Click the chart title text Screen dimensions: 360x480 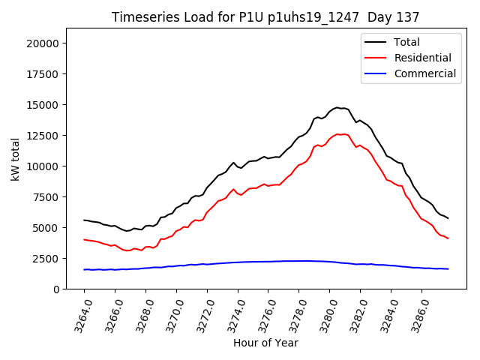point(265,17)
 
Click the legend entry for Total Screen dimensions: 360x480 point(406,43)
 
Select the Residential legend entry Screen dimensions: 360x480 point(422,58)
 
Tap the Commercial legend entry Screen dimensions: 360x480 point(424,73)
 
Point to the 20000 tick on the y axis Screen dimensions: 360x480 point(43,43)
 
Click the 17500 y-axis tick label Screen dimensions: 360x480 point(43,74)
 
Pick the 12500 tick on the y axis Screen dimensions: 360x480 point(43,136)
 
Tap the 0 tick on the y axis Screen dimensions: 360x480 point(56,289)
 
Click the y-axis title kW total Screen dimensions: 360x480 point(16,158)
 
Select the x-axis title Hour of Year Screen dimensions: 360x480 point(265,343)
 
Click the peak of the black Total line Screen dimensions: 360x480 point(337,107)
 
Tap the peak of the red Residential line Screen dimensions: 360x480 point(339,134)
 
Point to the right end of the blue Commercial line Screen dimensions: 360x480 point(448,268)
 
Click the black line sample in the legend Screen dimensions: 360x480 point(376,43)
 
